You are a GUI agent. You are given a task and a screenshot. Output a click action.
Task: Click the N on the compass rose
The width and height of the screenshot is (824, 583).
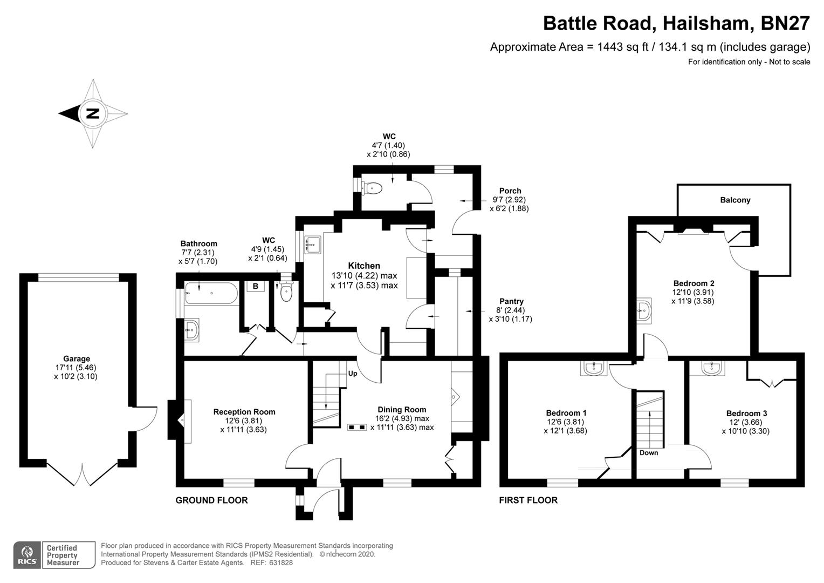(93, 113)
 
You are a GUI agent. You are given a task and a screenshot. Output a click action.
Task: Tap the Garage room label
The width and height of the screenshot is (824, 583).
(77, 358)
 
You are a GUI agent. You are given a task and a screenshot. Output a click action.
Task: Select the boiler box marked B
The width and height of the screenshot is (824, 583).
(256, 286)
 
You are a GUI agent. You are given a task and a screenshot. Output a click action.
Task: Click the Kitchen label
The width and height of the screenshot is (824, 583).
(364, 266)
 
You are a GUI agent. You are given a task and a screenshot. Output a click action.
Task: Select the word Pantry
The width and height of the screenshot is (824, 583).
(511, 301)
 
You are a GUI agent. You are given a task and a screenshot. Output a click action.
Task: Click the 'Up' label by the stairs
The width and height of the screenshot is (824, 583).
(353, 374)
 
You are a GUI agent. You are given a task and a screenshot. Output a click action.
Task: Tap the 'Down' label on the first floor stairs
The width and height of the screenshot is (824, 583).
(649, 453)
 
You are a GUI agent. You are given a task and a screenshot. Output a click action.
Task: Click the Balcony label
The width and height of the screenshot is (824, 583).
(735, 200)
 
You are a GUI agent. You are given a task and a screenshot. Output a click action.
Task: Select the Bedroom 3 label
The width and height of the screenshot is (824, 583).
(746, 413)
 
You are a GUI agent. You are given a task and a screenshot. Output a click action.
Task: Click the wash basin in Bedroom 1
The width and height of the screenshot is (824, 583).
(595, 369)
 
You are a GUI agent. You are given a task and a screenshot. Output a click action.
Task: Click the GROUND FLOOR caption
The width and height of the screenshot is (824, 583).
(211, 500)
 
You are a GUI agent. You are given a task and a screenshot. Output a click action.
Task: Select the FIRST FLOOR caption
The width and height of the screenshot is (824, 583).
(528, 500)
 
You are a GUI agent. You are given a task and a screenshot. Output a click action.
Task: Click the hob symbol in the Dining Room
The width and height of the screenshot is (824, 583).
(356, 427)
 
